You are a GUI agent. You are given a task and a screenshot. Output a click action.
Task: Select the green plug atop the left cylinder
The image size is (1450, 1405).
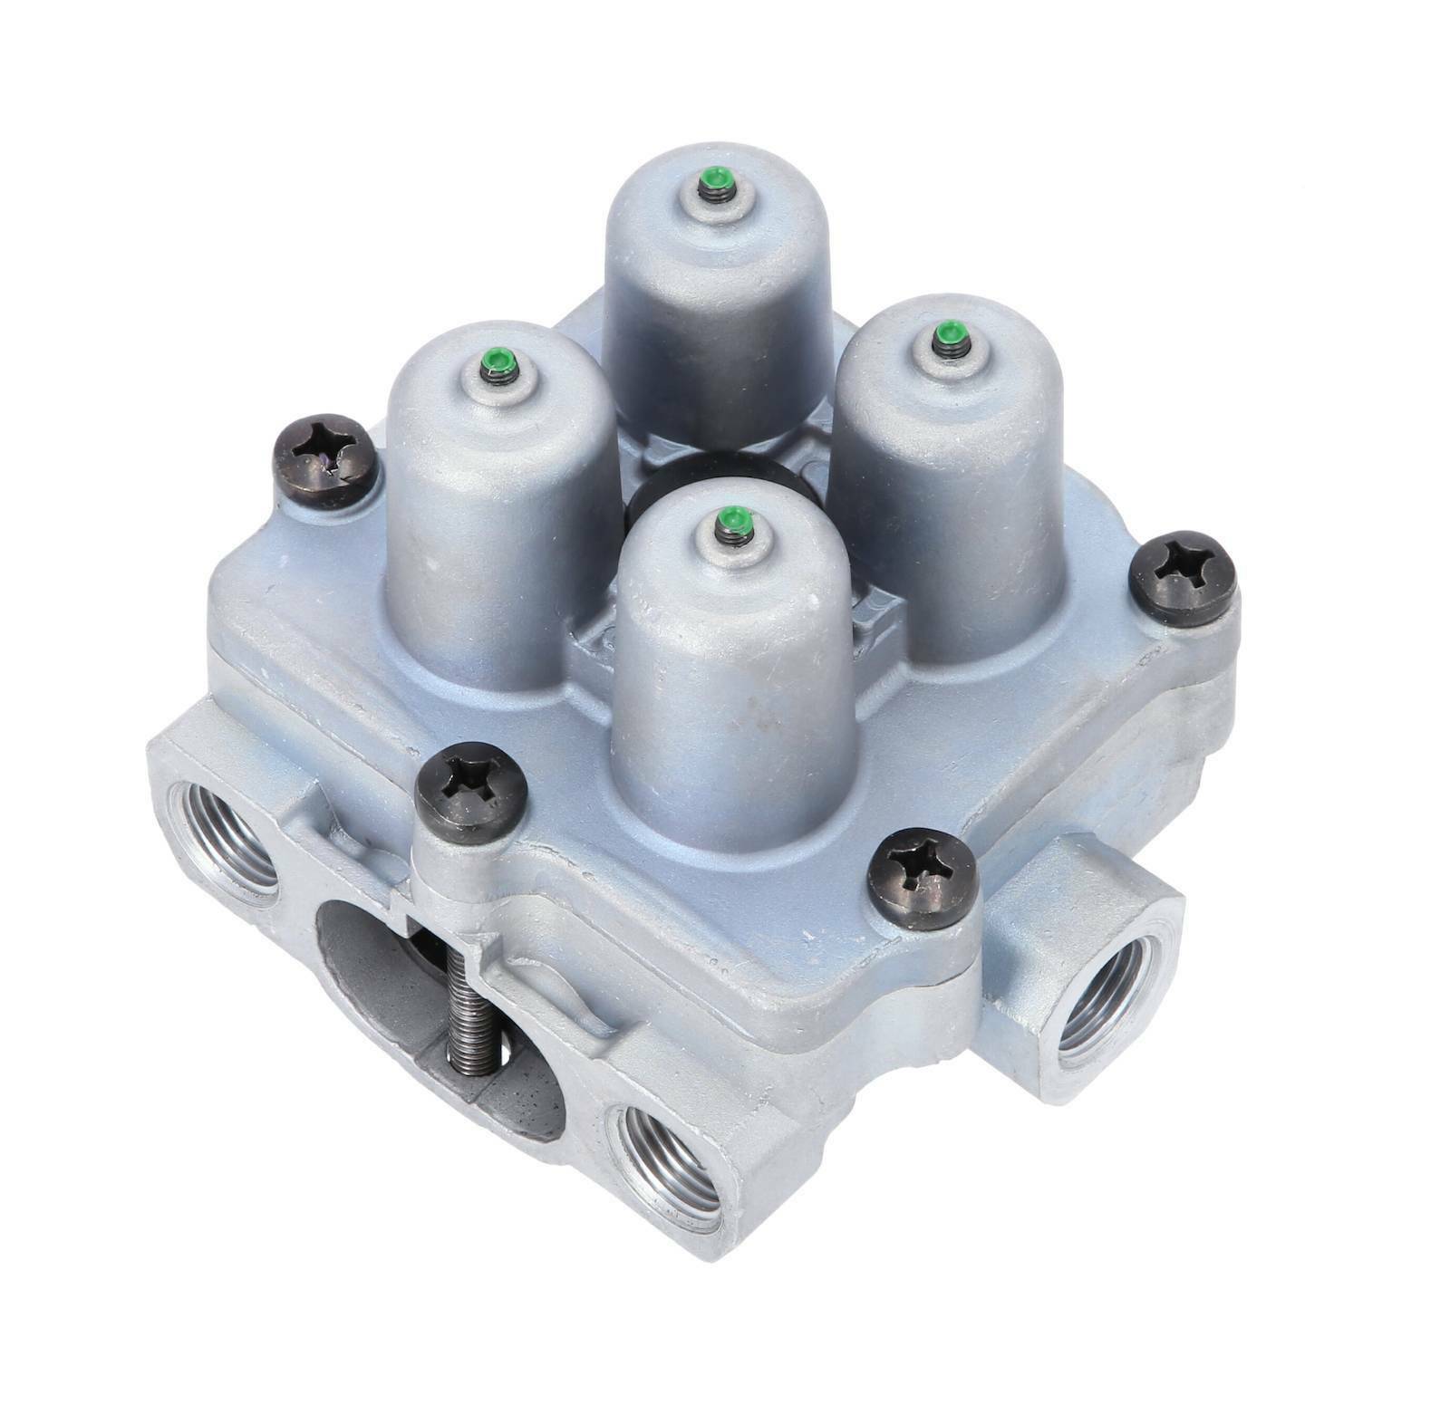click(498, 365)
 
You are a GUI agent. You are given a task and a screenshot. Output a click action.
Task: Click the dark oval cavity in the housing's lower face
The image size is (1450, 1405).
click(381, 996)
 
